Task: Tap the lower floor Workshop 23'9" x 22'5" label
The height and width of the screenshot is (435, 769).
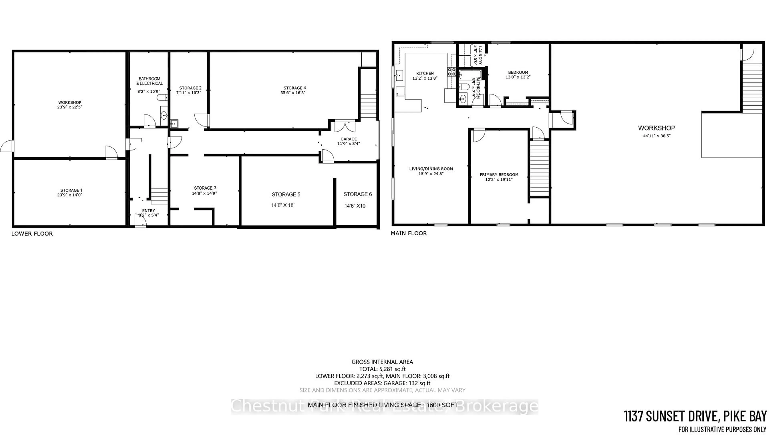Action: pos(69,105)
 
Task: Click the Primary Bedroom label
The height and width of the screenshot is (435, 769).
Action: pos(499,175)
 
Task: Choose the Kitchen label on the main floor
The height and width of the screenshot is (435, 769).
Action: pos(425,73)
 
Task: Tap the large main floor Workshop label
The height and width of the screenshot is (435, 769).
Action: pos(656,128)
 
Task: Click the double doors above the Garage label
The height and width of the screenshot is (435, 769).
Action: pos(345,126)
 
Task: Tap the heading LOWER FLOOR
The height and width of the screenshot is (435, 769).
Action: pos(32,234)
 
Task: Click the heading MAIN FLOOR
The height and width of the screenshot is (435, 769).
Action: pos(409,233)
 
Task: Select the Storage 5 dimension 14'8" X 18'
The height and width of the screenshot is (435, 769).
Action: pos(283,205)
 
